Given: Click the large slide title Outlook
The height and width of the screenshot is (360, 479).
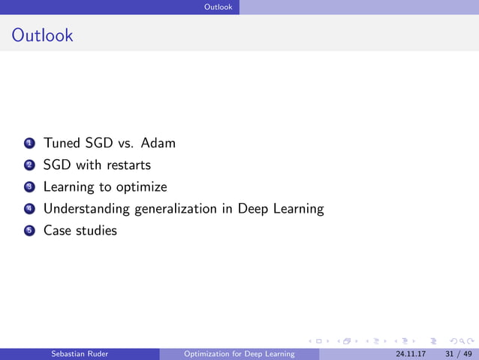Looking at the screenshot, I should coord(43,35).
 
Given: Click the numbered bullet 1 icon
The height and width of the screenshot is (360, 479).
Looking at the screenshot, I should coord(29,143).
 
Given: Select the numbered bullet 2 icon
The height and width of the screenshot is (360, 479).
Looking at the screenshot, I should coord(29,165).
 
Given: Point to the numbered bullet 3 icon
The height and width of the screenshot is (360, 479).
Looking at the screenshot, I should coord(29,187).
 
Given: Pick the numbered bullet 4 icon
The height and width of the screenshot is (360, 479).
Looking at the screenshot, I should coord(29,209).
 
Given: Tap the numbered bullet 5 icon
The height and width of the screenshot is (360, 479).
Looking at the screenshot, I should coord(29,231).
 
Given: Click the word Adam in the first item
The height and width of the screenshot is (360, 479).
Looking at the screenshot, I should coord(158,143).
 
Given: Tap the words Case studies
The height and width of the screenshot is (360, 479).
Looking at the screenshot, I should coord(80,231).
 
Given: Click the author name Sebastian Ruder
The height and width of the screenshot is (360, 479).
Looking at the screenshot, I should coord(79,354).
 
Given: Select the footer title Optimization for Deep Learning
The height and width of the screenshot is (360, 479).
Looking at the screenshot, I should coord(239,354).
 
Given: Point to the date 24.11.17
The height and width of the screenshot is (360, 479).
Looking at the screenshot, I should coord(410,354).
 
